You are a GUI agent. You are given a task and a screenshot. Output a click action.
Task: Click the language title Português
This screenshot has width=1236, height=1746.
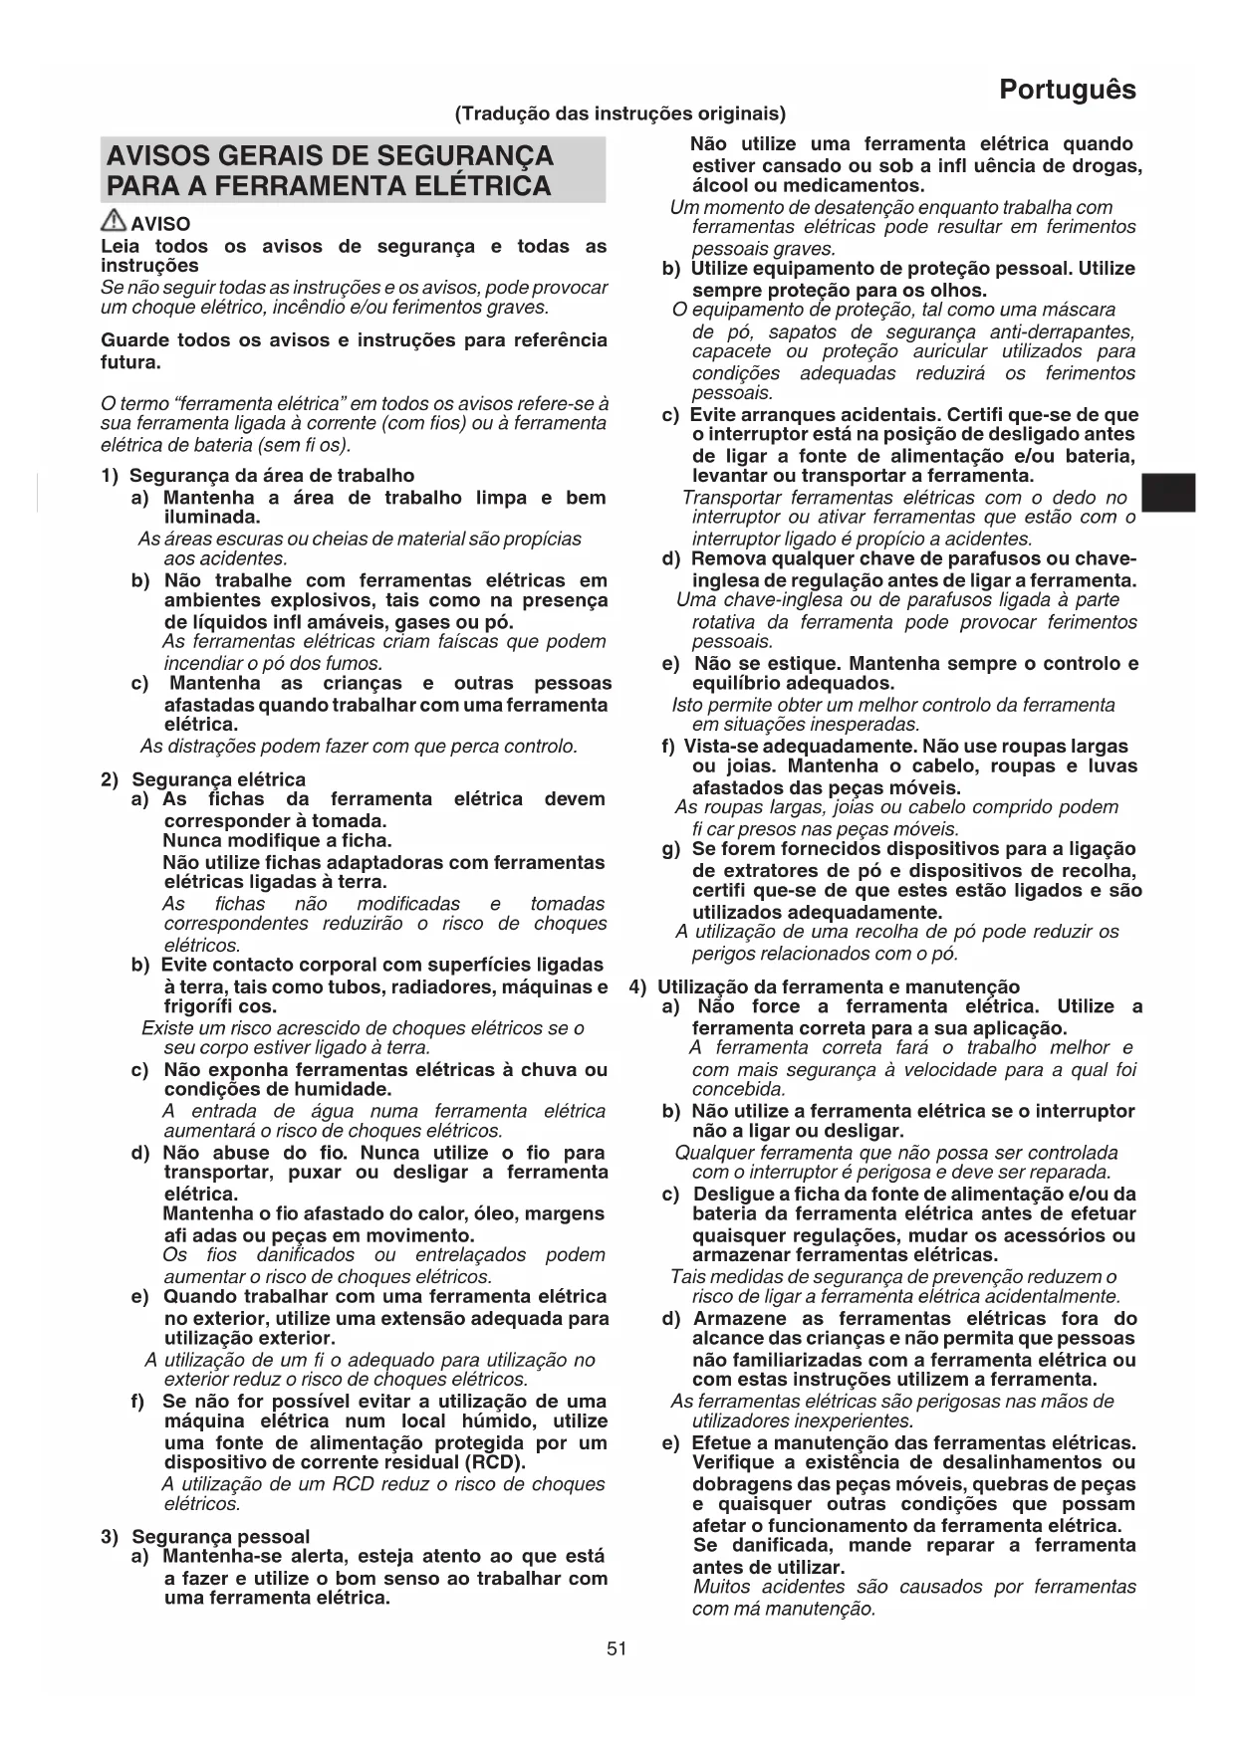(x=1067, y=90)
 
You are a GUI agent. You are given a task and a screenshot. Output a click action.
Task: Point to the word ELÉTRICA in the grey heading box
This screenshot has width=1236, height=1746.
(x=486, y=186)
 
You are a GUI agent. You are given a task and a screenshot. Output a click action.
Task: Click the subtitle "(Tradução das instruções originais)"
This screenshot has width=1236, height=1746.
(x=619, y=113)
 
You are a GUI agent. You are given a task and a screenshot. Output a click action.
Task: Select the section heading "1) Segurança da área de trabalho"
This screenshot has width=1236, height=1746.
(x=258, y=476)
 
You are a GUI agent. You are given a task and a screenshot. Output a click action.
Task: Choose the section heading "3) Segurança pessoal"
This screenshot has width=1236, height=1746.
(x=205, y=1536)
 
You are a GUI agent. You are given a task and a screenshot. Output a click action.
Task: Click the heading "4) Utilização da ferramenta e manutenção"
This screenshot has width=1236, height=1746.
(x=825, y=986)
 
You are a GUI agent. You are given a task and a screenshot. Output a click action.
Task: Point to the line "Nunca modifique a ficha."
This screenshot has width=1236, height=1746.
(x=277, y=840)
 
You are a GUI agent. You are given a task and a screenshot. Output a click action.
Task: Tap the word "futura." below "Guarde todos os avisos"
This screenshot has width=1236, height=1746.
(x=130, y=362)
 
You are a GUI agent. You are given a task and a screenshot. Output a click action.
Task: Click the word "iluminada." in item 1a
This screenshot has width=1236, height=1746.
(x=212, y=517)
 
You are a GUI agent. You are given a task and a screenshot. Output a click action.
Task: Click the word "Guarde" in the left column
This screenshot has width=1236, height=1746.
(x=134, y=340)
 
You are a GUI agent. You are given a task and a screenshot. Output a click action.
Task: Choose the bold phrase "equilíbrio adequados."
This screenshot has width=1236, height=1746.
(x=793, y=683)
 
